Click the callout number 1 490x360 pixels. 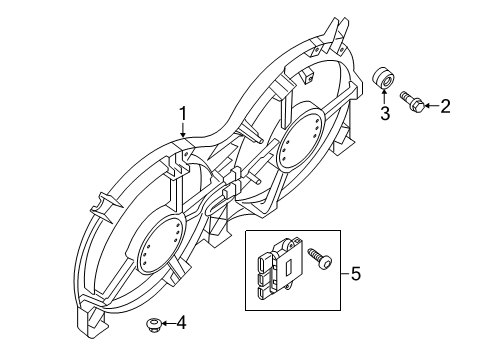pos(183,114)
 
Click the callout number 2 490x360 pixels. pos(445,105)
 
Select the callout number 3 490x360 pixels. pos(382,114)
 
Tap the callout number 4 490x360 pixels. pos(181,322)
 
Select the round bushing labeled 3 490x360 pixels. pos(382,78)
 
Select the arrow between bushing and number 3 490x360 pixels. pos(382,98)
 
